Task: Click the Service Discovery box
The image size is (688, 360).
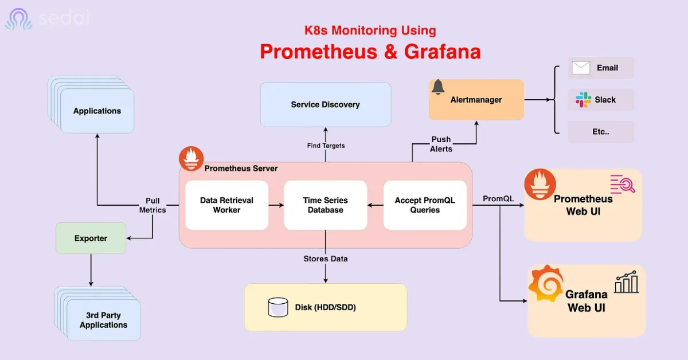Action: pos(326,104)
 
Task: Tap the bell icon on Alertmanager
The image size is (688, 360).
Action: pos(438,87)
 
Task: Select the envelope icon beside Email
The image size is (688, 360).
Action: pos(580,68)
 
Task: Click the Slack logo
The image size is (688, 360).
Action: pos(583,100)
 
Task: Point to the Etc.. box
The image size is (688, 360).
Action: pos(601,132)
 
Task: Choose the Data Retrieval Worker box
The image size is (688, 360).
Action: pos(226,205)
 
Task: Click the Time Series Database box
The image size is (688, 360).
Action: pos(326,205)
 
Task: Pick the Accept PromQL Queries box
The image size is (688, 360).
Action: pos(425,205)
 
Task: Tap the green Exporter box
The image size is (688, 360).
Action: pos(91,238)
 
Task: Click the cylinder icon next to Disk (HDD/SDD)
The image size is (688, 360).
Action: pos(278,307)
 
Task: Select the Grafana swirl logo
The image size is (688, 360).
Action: pos(546,284)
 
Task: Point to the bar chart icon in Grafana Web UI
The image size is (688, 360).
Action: pos(627,282)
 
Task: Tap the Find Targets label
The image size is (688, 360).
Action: pos(326,146)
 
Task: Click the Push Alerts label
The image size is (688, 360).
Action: pos(441,144)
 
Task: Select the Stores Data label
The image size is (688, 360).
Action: pos(326,259)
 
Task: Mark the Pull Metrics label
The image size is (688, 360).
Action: pos(153,205)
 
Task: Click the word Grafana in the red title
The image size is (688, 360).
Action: pos(442,52)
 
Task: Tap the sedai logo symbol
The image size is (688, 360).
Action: pos(19,19)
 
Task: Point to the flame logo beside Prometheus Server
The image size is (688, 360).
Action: pos(191,158)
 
